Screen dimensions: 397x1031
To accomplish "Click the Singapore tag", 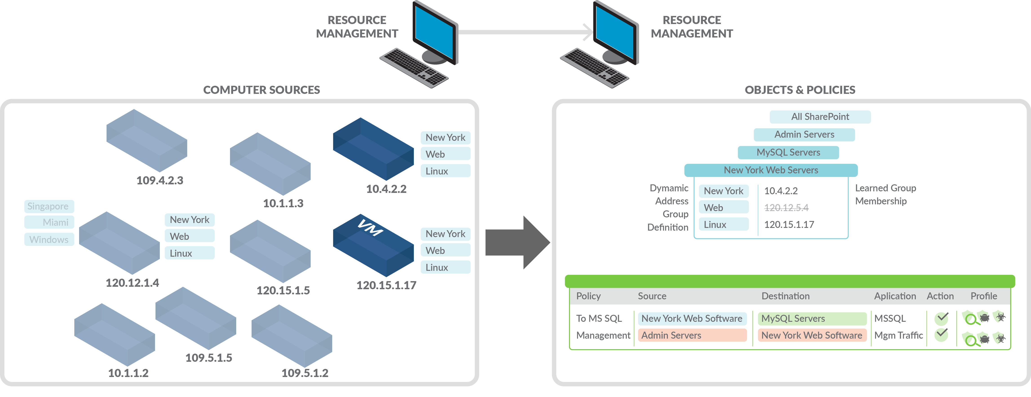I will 49,207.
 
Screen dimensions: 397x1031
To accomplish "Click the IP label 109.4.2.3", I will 160,181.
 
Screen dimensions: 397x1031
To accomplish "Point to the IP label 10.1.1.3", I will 283,203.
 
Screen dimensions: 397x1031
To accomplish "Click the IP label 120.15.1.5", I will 283,291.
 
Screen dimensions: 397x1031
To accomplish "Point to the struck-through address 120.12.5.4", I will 786,208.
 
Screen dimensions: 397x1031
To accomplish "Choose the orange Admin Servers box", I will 692,335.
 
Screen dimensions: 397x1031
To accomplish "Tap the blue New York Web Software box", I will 692,319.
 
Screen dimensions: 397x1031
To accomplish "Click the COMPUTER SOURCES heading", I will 261,90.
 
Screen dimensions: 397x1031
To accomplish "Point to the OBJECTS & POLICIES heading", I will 800,90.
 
